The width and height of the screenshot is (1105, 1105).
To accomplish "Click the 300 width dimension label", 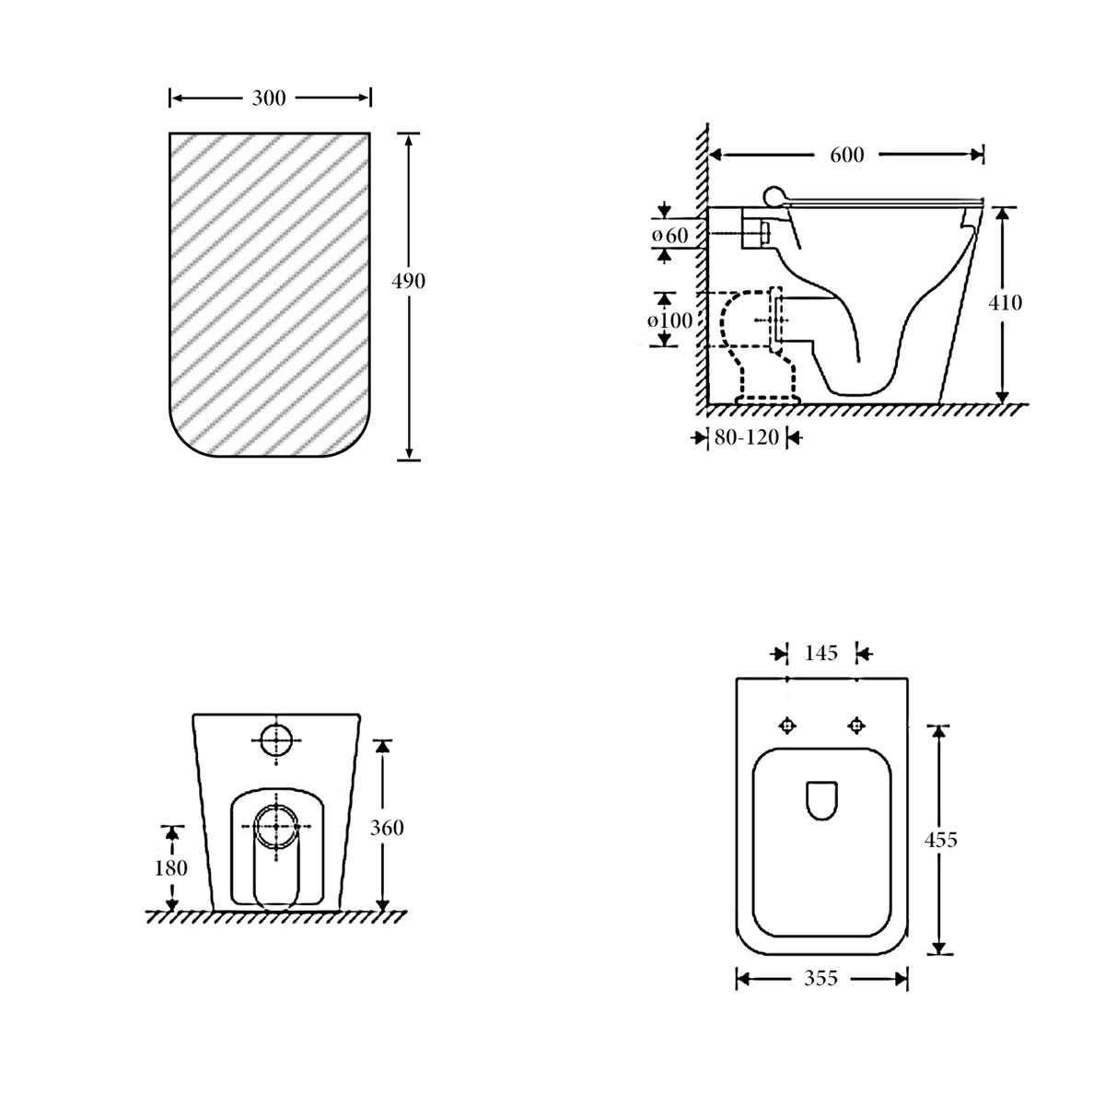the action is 268,98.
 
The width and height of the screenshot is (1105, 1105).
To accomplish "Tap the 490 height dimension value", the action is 408,281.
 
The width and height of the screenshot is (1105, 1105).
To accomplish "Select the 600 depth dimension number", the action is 846,155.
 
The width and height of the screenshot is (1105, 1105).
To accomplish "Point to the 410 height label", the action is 1005,302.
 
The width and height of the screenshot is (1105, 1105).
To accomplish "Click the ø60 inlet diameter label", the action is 669,235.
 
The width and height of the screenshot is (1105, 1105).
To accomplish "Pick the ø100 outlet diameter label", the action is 669,320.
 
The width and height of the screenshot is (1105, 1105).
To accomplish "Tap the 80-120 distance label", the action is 746,437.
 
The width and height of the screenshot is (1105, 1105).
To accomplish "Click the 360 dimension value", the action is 387,828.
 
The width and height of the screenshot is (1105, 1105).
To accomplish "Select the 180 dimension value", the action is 171,868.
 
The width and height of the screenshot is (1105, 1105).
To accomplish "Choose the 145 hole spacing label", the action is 821,653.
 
